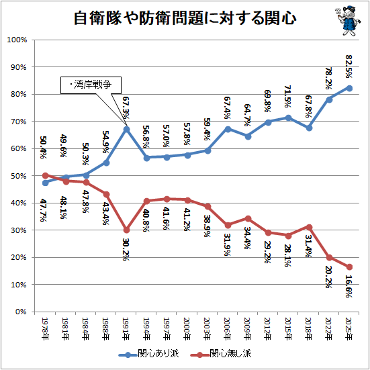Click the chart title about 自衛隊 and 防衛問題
pyautogui.click(x=185, y=18)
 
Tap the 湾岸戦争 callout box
pyautogui.click(x=91, y=85)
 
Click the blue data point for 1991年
pyautogui.click(x=127, y=130)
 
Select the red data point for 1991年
pyautogui.click(x=127, y=230)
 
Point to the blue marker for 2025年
pyautogui.click(x=349, y=88)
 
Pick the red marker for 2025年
pyautogui.click(x=349, y=267)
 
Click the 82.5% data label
pyautogui.click(x=349, y=66)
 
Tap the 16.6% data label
pyautogui.click(x=349, y=286)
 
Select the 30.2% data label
pyautogui.click(x=126, y=249)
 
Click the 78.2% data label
pyautogui.click(x=329, y=78)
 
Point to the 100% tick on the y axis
pyautogui.click(x=17, y=40)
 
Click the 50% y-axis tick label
pyautogui.click(x=19, y=176)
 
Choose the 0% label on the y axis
pyautogui.click(x=21, y=312)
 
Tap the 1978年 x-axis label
pyautogui.click(x=45, y=329)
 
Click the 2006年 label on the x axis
pyautogui.click(x=228, y=329)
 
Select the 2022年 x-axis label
pyautogui.click(x=329, y=329)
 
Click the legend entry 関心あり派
pyautogui.click(x=149, y=354)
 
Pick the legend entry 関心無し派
pyautogui.click(x=221, y=354)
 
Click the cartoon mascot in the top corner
pyautogui.click(x=348, y=21)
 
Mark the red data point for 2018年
pyautogui.click(x=309, y=227)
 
